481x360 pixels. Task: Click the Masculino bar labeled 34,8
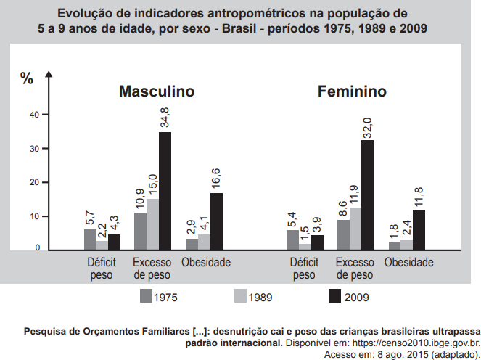tap(165, 191)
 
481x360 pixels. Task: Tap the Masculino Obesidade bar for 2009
tap(216, 221)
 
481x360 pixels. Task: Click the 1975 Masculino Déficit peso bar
tap(90, 240)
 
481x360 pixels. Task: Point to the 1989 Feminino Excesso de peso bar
tap(355, 229)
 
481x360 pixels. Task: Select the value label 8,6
tap(343, 209)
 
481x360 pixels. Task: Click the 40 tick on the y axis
tap(34, 115)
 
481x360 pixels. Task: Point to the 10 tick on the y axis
tap(34, 216)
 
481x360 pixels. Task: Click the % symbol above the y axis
tap(27, 79)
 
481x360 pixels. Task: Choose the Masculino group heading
tap(157, 92)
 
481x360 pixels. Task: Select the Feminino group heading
tap(352, 92)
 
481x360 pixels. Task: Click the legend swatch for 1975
tap(145, 296)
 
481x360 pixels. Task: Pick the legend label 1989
tap(260, 297)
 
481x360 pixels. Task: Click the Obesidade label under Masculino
tap(206, 262)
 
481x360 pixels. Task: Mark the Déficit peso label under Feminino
tap(304, 269)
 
